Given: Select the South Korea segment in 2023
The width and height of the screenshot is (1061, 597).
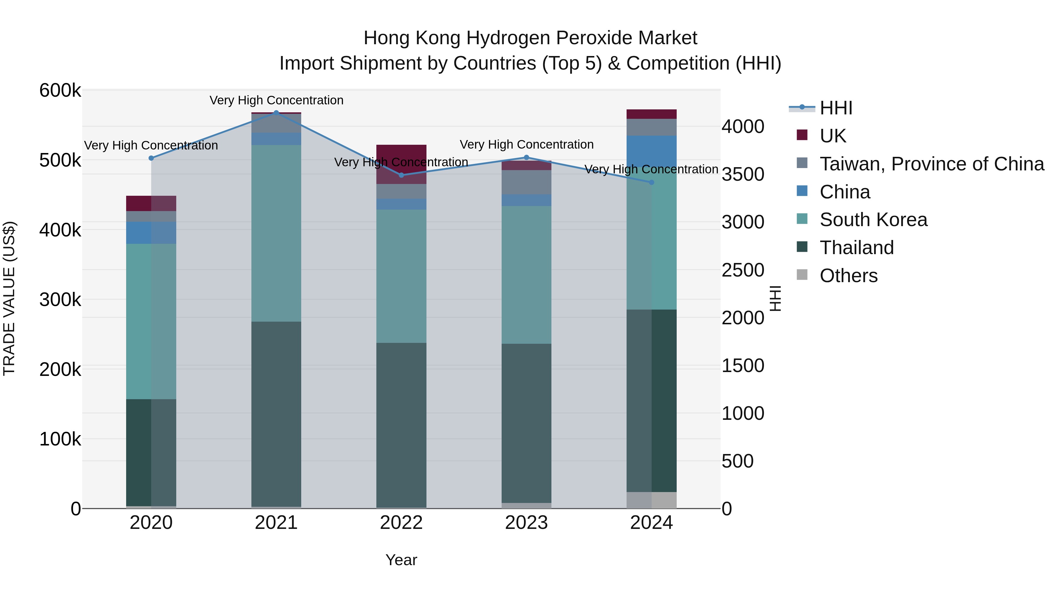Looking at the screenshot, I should (x=526, y=275).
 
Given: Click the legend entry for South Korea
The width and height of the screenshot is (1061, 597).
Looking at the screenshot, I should (x=873, y=220).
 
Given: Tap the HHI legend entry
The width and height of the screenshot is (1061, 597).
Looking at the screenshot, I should (x=836, y=108).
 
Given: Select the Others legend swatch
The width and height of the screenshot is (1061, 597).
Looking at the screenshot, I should (x=802, y=275).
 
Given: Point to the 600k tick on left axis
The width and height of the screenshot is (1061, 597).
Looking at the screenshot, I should (x=60, y=90).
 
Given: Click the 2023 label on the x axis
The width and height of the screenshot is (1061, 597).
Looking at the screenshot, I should (x=526, y=523).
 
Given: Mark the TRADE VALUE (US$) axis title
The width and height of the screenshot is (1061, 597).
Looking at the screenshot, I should (x=9, y=299).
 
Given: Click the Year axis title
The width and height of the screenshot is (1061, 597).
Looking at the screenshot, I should (x=401, y=560).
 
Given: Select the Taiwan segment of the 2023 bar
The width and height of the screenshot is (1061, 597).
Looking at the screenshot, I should (x=526, y=182).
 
